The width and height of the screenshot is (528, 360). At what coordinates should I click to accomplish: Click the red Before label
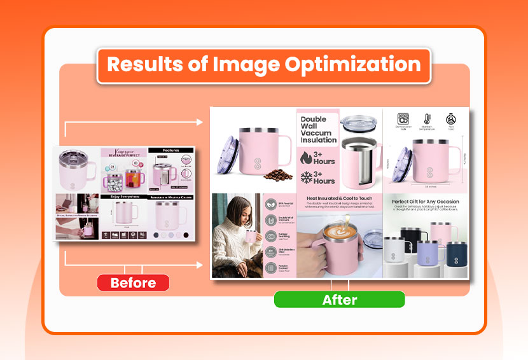click(x=133, y=283)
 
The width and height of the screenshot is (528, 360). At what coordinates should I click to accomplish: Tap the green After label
click(x=339, y=300)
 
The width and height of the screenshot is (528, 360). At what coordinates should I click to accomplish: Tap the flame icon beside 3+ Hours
click(x=305, y=157)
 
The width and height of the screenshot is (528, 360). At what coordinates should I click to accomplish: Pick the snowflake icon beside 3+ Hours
click(x=305, y=177)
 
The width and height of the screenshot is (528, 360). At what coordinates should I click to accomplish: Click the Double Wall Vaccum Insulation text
click(x=317, y=130)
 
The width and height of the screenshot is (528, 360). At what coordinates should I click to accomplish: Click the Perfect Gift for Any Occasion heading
click(x=426, y=202)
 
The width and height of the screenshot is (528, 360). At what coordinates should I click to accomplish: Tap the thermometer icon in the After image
click(x=426, y=118)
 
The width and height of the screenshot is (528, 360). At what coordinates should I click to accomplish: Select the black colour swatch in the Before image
click(x=186, y=235)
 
